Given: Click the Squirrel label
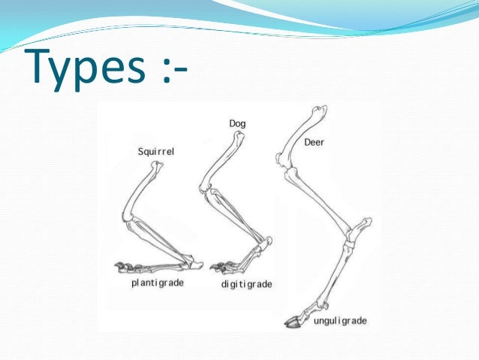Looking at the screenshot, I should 156,152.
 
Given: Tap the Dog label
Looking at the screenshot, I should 237,123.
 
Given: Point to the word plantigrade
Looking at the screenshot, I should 158,283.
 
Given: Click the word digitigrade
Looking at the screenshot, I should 247,285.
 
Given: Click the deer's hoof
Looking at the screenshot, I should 292,323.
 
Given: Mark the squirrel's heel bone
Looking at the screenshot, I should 197,262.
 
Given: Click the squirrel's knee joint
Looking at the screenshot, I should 127,219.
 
